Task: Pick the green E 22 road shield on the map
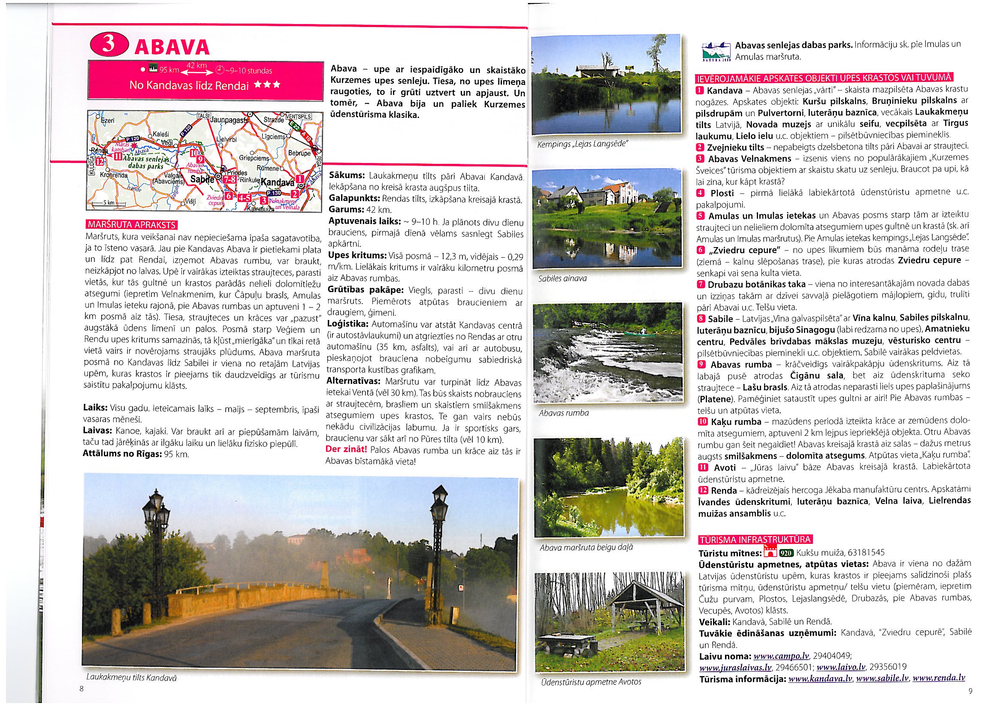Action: click(x=294, y=126)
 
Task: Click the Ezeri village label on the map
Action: click(x=107, y=121)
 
